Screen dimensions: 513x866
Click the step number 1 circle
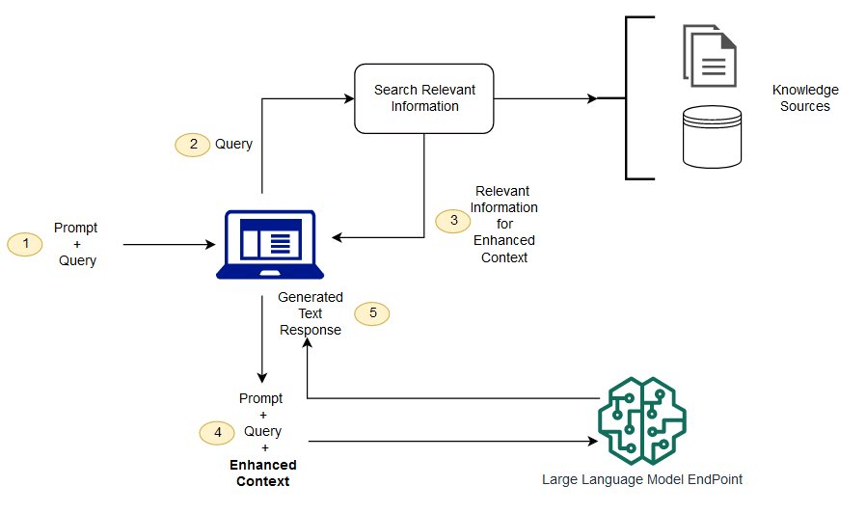tap(25, 245)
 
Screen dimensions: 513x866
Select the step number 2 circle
tap(192, 144)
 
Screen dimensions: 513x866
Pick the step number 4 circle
tap(216, 433)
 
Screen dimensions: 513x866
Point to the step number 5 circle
tap(372, 313)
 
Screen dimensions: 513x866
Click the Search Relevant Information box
tap(424, 98)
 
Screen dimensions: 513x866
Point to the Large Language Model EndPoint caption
tap(642, 479)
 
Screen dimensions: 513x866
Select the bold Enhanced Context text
tap(263, 473)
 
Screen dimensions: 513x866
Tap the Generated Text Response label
tap(310, 313)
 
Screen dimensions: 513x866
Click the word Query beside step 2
tap(233, 144)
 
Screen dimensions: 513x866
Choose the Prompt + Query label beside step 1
tap(76, 245)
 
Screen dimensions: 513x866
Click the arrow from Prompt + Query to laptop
tap(169, 245)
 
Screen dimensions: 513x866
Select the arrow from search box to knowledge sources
tap(545, 98)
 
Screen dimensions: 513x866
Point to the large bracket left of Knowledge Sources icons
tap(629, 98)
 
